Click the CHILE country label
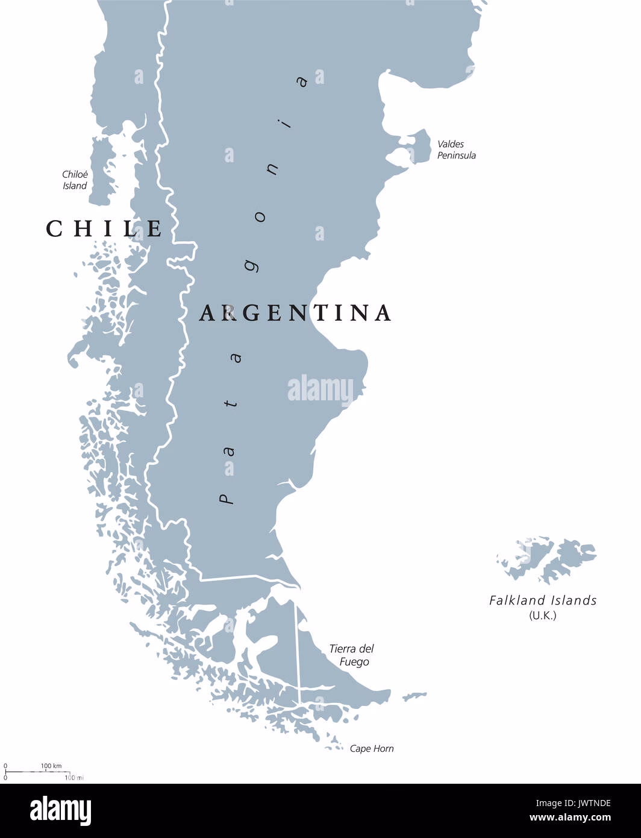tap(104, 228)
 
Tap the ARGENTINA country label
tap(295, 312)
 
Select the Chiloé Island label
tap(75, 180)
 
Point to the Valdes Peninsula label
tap(456, 150)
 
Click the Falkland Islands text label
tap(543, 600)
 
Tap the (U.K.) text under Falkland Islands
tap(543, 616)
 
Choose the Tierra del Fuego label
tap(351, 655)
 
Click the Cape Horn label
tap(372, 749)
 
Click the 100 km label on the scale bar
tap(51, 766)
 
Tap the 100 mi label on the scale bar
tap(73, 778)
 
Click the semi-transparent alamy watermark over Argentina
tap(320, 389)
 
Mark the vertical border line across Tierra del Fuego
tap(297, 645)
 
